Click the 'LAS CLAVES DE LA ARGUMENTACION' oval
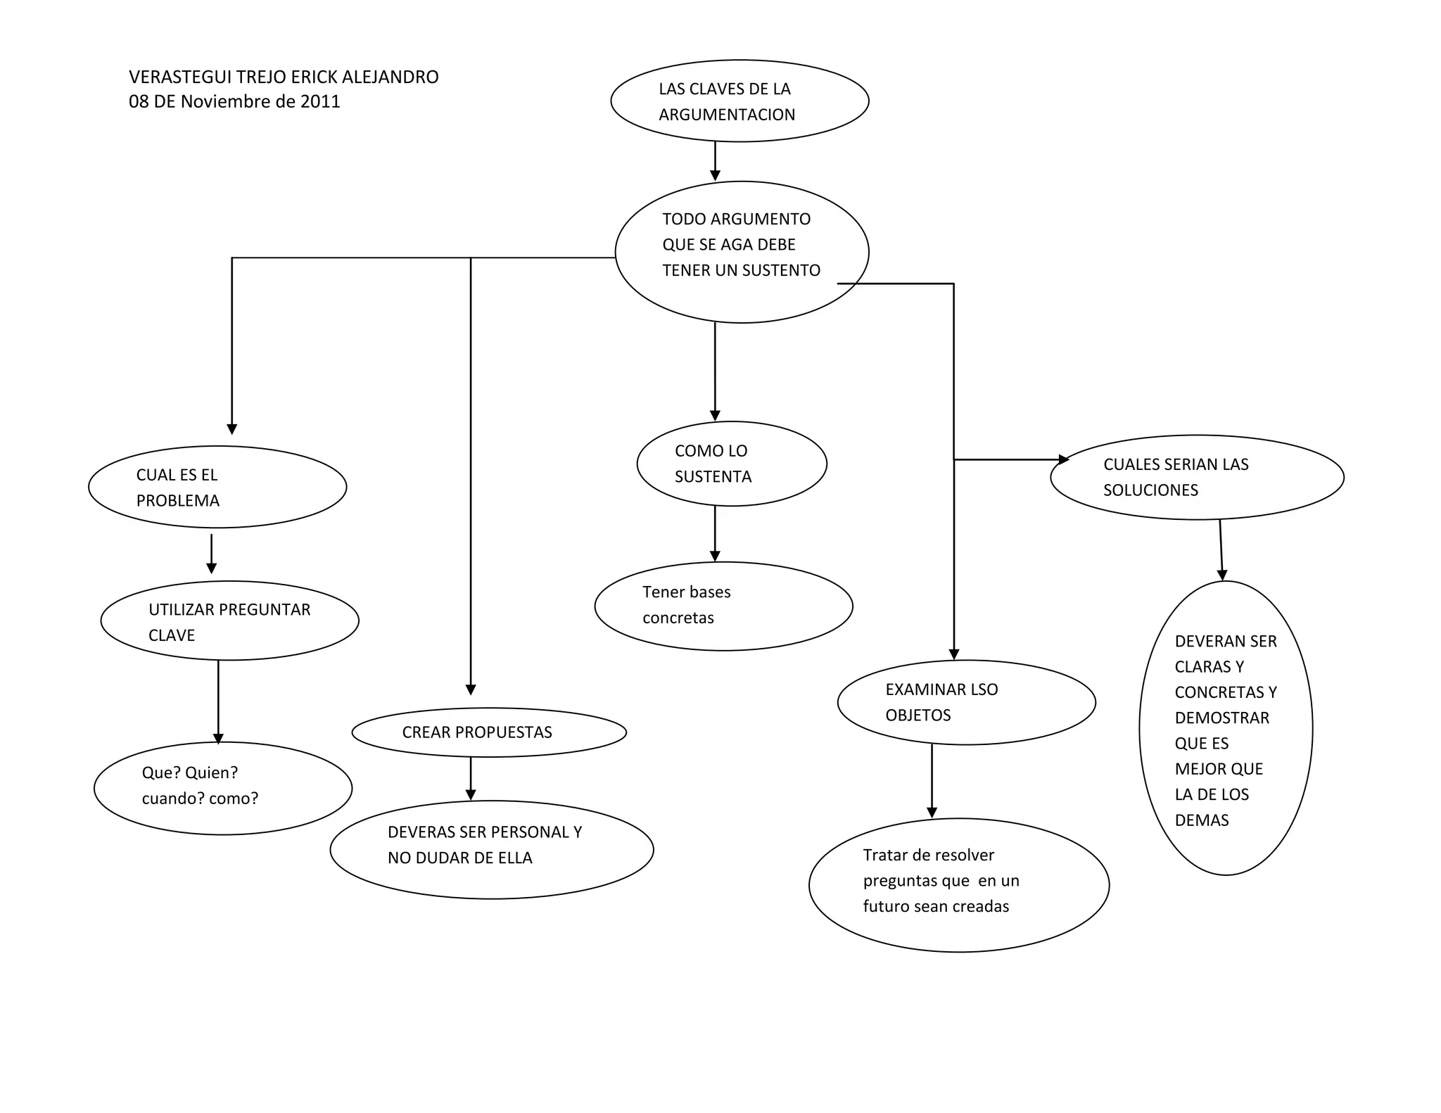point(739,101)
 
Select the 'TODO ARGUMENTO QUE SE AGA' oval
point(742,252)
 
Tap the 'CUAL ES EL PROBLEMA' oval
point(217,487)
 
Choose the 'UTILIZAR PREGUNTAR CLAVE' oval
point(229,621)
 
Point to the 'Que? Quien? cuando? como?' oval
point(223,788)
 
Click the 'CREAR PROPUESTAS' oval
point(489,732)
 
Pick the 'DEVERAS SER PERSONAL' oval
point(492,849)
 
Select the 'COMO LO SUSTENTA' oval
point(732,464)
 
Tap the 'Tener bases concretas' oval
point(723,606)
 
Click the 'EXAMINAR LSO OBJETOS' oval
point(966,702)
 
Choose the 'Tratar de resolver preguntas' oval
point(959,884)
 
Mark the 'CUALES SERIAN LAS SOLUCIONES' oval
point(1197,477)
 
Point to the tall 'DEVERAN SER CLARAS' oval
point(1226,728)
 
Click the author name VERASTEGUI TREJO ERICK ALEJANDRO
point(284,77)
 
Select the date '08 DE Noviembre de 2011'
point(234,101)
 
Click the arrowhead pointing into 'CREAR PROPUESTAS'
point(471,689)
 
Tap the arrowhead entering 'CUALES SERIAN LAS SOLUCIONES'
point(1064,459)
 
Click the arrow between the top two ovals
point(715,161)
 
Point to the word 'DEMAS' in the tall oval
point(1202,820)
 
